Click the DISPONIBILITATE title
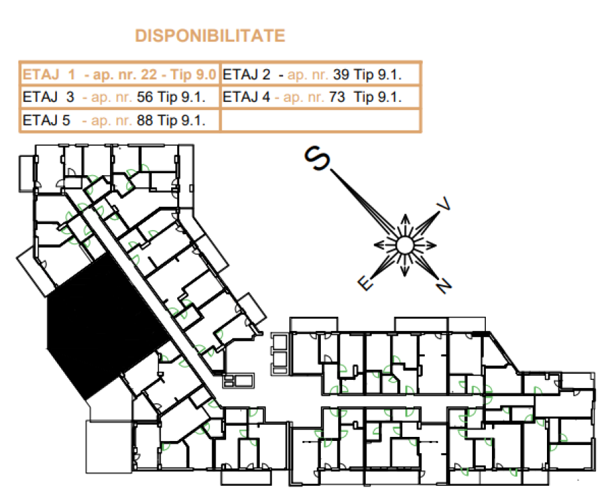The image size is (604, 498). coord(210,36)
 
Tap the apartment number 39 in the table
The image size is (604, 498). coord(342,74)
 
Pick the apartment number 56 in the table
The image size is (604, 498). coord(145,97)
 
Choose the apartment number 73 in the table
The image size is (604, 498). coord(337,97)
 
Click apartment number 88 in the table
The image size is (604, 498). coord(145,120)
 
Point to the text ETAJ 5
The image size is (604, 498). coord(46,120)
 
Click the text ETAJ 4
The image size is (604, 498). coord(246,97)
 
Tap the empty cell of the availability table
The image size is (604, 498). coord(319,121)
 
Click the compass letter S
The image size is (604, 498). coord(317,158)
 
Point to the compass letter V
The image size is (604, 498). coord(444,203)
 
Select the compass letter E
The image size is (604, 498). coord(366,283)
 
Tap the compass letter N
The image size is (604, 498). coord(444,286)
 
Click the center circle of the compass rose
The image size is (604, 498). coord(405,245)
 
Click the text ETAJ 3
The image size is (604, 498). coord(48,97)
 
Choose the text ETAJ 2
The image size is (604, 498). coord(246,74)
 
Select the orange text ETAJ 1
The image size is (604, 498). coord(49,74)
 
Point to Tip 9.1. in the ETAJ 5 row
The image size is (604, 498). coord(181,120)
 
